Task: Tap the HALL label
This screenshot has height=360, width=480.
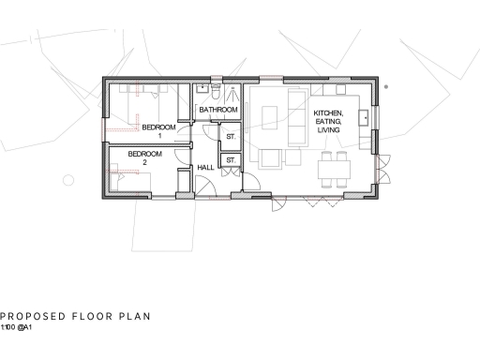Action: [204, 168]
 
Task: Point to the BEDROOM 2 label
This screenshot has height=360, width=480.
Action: [145, 157]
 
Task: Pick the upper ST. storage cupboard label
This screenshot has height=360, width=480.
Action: [230, 138]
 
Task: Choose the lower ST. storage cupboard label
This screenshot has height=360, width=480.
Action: [230, 160]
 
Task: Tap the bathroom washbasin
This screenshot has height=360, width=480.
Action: [202, 90]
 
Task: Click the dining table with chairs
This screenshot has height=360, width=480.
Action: [334, 169]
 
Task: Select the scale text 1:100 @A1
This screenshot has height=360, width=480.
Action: [17, 328]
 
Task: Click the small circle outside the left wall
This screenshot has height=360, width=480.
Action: [67, 178]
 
